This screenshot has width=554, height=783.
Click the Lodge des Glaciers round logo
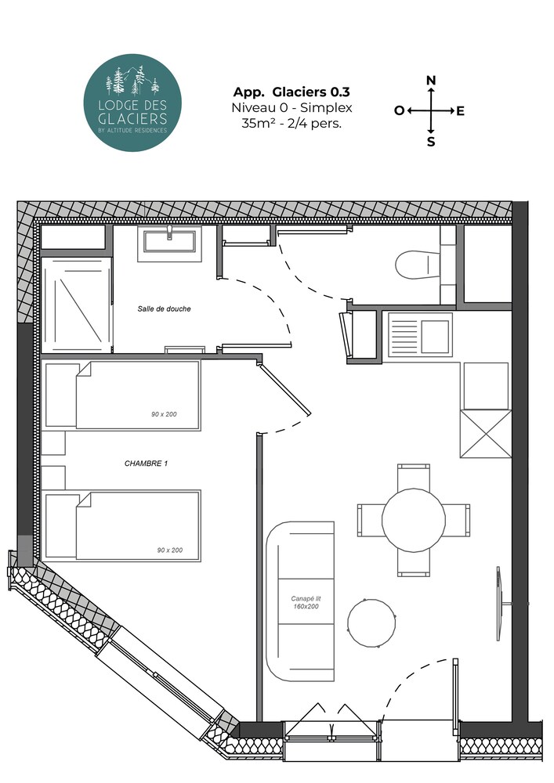click(132, 103)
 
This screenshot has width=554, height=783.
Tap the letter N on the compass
click(431, 81)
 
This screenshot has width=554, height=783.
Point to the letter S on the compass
click(431, 143)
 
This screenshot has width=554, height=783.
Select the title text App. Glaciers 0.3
click(291, 92)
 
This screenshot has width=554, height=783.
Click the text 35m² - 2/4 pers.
click(291, 124)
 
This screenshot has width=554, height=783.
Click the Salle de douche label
click(165, 309)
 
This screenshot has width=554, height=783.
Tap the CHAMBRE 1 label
click(146, 464)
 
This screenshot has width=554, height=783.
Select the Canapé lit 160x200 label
click(306, 602)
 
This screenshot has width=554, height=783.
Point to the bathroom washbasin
click(170, 242)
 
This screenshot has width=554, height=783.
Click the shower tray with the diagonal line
click(77, 305)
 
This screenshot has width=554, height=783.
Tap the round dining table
click(414, 520)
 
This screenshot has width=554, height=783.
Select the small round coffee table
click(371, 622)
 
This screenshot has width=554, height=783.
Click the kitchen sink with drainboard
click(420, 334)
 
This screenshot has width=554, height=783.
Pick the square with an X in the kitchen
click(486, 434)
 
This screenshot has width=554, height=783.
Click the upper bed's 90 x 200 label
click(164, 414)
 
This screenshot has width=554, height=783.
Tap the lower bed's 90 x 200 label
click(170, 550)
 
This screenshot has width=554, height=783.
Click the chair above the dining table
click(414, 477)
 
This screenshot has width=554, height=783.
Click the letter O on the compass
click(399, 111)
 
